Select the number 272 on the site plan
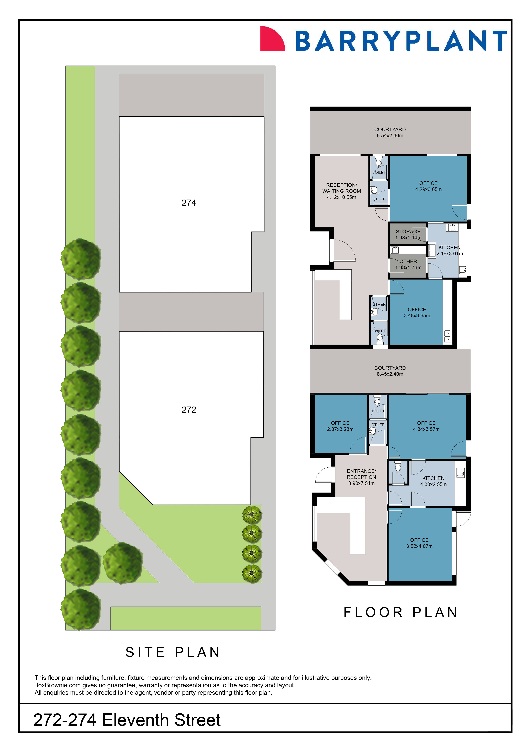[189, 410]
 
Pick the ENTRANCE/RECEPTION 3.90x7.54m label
[361, 477]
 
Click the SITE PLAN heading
[173, 652]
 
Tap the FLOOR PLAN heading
[401, 612]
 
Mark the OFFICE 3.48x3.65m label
[417, 312]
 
